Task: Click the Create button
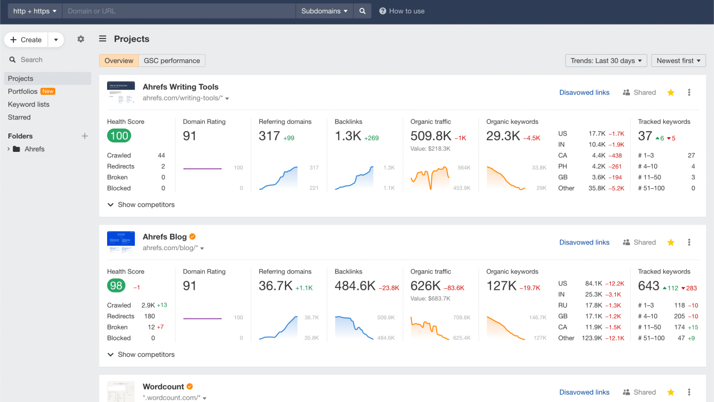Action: [x=26, y=40]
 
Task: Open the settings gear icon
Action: [x=81, y=39]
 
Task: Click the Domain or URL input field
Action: [x=178, y=11]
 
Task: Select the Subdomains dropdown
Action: [x=324, y=11]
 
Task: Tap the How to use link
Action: [x=402, y=11]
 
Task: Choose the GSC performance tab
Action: [x=172, y=61]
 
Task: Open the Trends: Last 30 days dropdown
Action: [x=606, y=61]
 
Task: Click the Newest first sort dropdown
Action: [x=678, y=61]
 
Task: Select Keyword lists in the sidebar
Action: [x=28, y=104]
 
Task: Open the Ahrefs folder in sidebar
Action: [x=34, y=149]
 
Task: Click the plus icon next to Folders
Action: [x=85, y=136]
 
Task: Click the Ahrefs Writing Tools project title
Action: [x=180, y=87]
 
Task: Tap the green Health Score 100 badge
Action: [x=119, y=136]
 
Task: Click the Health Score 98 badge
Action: [x=116, y=286]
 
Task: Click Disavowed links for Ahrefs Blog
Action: [x=584, y=242]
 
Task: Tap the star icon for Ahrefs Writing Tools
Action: [x=670, y=93]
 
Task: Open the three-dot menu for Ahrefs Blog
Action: [x=689, y=242]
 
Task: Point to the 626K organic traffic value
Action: [x=426, y=286]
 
